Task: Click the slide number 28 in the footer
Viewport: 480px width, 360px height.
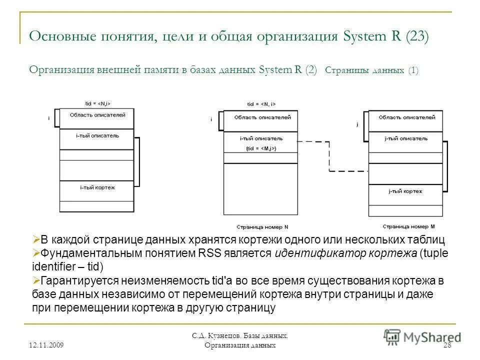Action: (448, 345)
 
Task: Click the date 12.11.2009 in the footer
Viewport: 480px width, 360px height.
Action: (50, 345)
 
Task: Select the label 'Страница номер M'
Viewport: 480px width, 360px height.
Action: (405, 226)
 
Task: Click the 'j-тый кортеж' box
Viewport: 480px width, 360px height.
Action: (405, 191)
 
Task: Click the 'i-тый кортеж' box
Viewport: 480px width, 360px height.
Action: (97, 187)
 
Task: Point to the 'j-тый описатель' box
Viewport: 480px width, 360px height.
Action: (405, 138)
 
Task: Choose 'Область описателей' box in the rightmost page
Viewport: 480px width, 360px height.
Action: (405, 117)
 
